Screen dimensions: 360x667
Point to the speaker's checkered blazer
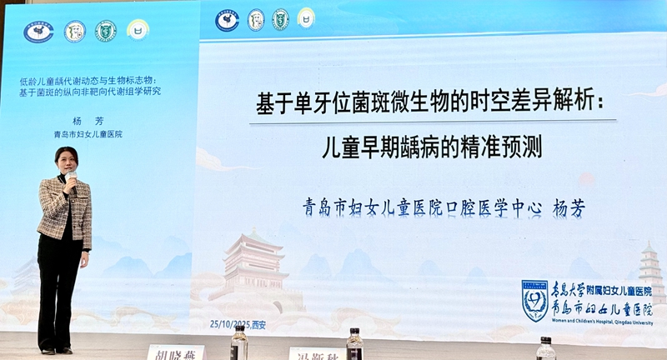coord(65,212)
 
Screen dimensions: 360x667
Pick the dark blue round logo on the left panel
coord(38,32)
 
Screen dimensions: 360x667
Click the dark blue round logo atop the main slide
coord(227,19)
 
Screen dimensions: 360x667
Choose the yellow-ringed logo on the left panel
coord(138,30)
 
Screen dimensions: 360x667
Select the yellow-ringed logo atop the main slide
coord(306,17)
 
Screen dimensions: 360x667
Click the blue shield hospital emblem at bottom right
coord(534,300)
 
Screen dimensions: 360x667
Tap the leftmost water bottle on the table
coord(239,342)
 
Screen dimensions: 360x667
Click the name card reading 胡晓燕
coord(175,352)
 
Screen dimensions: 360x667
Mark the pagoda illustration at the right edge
coord(651,271)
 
